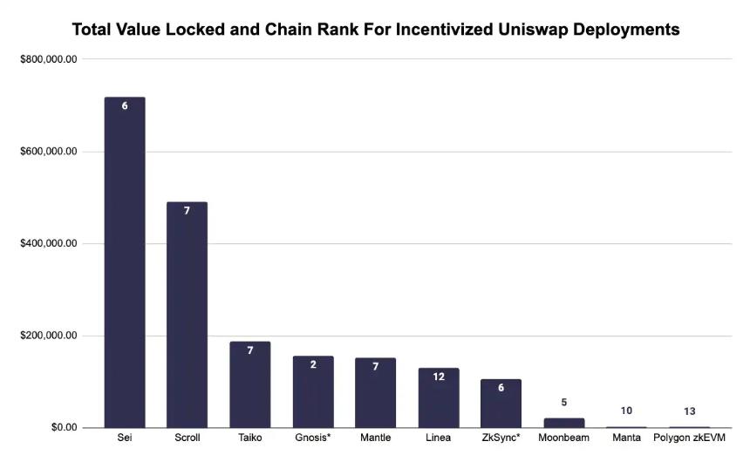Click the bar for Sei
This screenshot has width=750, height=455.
point(125,261)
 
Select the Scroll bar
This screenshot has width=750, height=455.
point(187,314)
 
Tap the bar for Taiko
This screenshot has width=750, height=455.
point(249,384)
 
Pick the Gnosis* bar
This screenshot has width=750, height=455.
point(312,391)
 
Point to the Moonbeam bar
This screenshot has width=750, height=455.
point(563,423)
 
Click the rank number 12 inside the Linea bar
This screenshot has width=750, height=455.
point(438,377)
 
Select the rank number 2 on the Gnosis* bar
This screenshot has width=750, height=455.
point(312,364)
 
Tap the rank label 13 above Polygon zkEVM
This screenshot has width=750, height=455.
point(689,411)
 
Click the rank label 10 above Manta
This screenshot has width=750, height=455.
point(626,411)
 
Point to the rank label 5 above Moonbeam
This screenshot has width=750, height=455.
point(563,402)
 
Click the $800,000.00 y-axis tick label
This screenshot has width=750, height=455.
point(49,59)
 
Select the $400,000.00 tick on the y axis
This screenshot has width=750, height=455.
point(49,243)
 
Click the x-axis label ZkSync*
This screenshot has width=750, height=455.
point(501,438)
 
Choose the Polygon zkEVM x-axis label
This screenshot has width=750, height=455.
point(689,438)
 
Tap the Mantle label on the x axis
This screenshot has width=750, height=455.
point(375,438)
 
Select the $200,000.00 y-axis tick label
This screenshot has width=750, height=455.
point(49,336)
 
